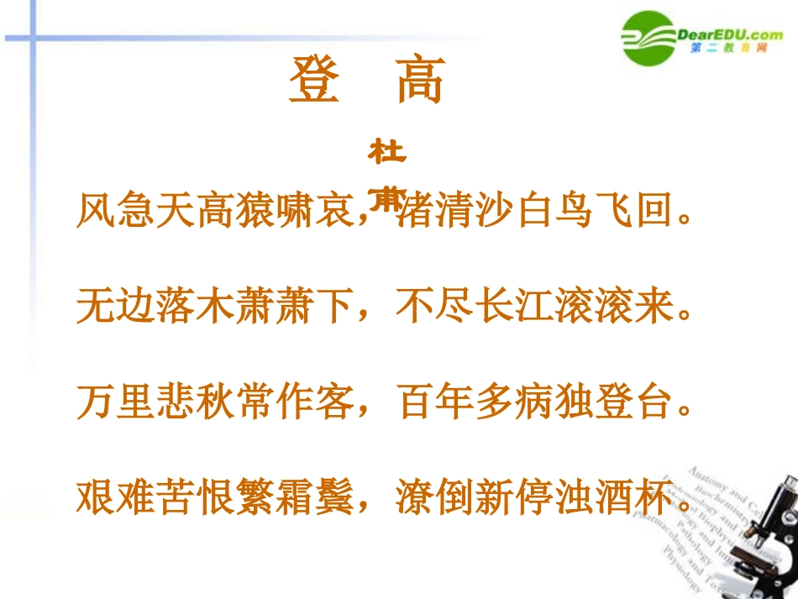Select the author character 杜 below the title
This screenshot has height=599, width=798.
[387, 154]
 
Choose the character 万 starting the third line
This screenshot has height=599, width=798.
[96, 402]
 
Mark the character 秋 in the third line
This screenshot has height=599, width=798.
[215, 402]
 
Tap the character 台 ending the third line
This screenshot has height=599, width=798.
[659, 402]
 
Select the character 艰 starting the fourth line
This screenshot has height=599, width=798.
[96, 497]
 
